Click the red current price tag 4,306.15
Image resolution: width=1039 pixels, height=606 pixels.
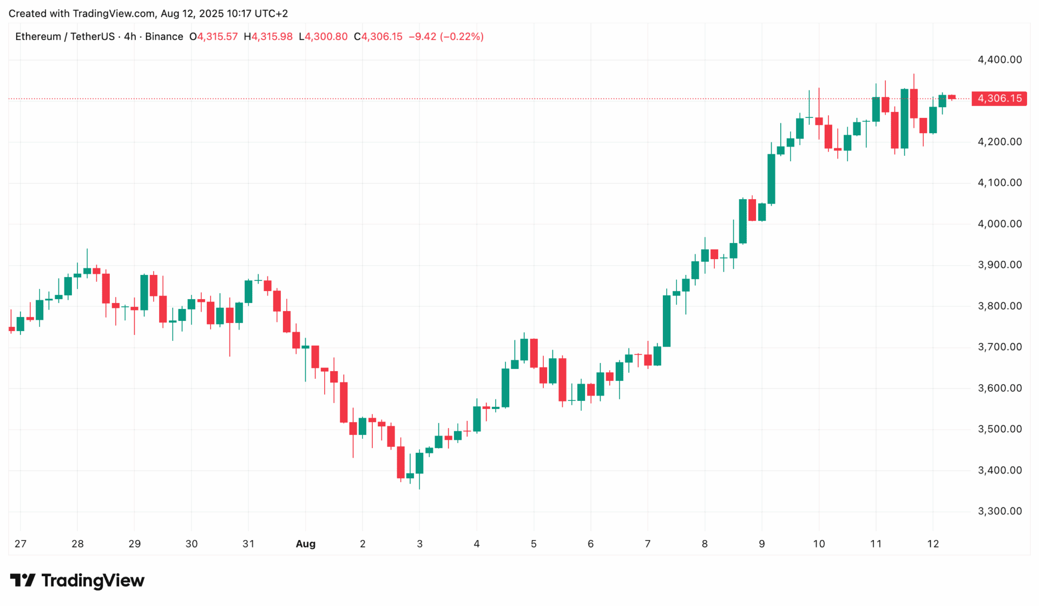click(x=999, y=98)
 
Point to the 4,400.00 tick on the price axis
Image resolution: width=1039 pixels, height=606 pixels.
click(x=999, y=60)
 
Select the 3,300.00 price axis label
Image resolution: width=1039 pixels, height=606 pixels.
click(x=999, y=511)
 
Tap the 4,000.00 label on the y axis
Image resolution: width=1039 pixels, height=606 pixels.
click(x=999, y=224)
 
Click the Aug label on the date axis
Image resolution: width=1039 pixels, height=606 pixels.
click(x=305, y=544)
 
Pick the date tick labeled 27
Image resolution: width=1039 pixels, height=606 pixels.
click(x=21, y=544)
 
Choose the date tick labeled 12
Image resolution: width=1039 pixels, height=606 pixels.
click(x=933, y=544)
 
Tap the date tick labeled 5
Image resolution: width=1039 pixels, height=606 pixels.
click(x=534, y=544)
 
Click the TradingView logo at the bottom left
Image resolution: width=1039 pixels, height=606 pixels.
click(x=77, y=581)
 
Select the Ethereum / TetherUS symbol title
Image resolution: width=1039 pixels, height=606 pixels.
click(x=65, y=37)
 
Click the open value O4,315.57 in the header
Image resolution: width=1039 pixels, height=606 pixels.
click(x=213, y=37)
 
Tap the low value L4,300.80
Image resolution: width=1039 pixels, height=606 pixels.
click(x=323, y=37)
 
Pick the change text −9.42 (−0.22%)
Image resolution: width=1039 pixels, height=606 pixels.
click(x=446, y=37)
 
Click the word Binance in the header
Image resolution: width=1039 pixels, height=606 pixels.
click(x=164, y=37)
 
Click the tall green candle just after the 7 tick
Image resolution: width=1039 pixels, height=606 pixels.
click(x=667, y=321)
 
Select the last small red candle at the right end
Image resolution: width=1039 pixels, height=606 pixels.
click(x=952, y=97)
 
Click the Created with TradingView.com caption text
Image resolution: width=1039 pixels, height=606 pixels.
click(x=148, y=14)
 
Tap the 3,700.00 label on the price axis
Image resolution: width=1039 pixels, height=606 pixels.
click(x=999, y=347)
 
